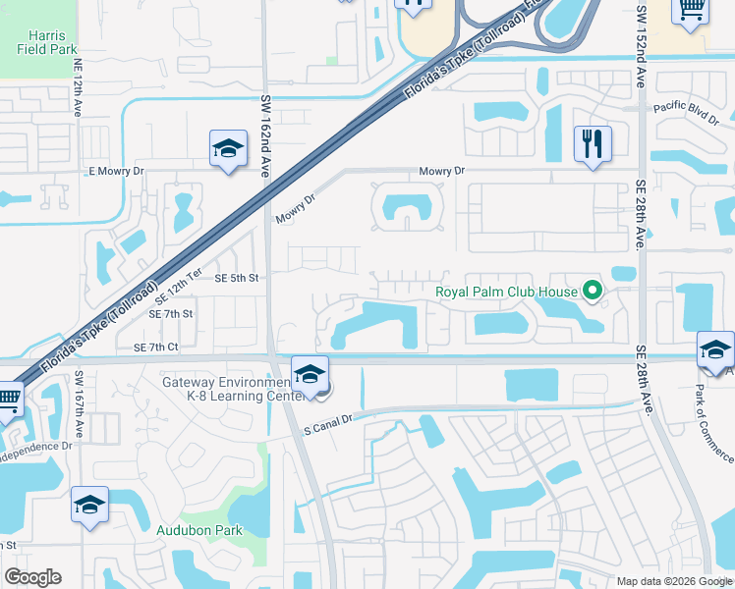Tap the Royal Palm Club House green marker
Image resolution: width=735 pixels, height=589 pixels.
click(x=592, y=291)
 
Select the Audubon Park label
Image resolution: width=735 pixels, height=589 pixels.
click(x=199, y=530)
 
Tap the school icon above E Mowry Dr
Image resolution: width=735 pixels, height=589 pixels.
click(x=228, y=149)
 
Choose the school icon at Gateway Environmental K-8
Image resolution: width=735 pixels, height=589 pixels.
click(x=310, y=374)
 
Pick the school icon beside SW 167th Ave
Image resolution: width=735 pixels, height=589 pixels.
click(x=89, y=506)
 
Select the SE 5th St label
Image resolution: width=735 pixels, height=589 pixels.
click(x=236, y=278)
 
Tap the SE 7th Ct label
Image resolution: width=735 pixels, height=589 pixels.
click(x=155, y=347)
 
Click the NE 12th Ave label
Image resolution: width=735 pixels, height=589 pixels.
click(x=78, y=93)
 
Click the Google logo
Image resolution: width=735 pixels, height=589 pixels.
click(x=32, y=577)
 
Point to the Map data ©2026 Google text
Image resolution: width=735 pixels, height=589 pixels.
click(x=673, y=581)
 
